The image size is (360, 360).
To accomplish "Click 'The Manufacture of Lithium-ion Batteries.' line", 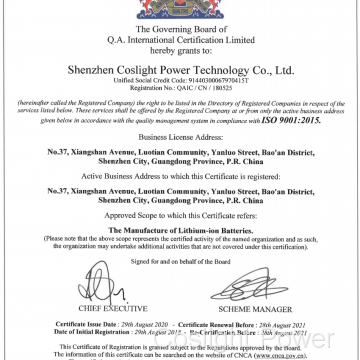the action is pos(180,229).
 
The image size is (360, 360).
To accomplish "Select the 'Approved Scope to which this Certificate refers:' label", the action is pos(180,217).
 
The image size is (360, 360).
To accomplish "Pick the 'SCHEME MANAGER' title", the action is pos(262,312).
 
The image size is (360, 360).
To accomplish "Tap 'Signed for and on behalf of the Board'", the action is pos(180,261).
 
